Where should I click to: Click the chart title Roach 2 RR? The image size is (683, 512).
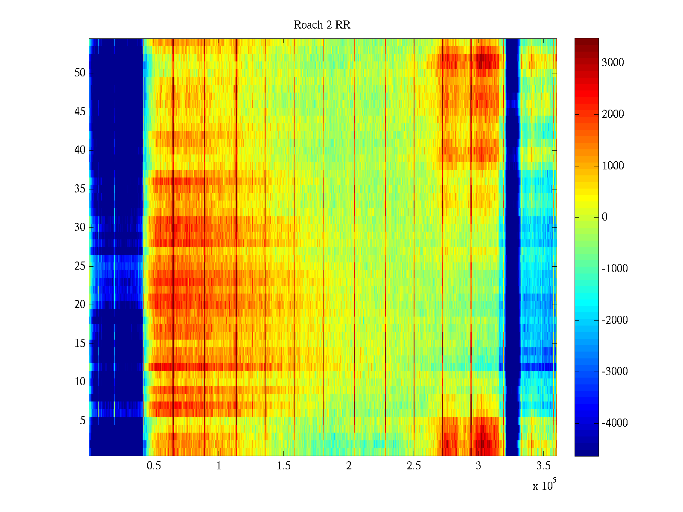pyautogui.click(x=322, y=25)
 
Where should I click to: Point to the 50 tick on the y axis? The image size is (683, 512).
pyautogui.click(x=80, y=73)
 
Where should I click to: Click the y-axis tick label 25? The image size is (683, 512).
pyautogui.click(x=80, y=266)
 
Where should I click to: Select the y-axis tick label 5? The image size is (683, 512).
pyautogui.click(x=82, y=421)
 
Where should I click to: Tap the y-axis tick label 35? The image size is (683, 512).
pyautogui.click(x=80, y=189)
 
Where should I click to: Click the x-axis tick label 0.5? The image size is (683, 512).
pyautogui.click(x=154, y=466)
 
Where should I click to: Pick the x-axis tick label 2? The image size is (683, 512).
pyautogui.click(x=349, y=466)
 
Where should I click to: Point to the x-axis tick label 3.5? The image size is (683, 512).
pyautogui.click(x=543, y=466)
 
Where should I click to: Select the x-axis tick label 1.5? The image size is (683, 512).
pyautogui.click(x=283, y=466)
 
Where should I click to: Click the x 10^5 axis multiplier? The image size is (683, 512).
pyautogui.click(x=544, y=486)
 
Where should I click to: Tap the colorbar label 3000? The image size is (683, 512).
pyautogui.click(x=613, y=63)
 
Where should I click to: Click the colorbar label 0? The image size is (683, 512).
pyautogui.click(x=604, y=217)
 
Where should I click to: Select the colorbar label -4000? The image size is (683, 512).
pyautogui.click(x=614, y=423)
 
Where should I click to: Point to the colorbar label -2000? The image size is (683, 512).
pyautogui.click(x=614, y=320)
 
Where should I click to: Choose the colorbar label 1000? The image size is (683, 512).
pyautogui.click(x=613, y=166)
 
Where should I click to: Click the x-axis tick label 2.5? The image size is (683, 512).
pyautogui.click(x=414, y=466)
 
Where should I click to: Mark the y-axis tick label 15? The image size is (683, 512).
pyautogui.click(x=80, y=343)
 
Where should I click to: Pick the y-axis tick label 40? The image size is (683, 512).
pyautogui.click(x=80, y=150)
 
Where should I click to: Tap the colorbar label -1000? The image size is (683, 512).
pyautogui.click(x=614, y=269)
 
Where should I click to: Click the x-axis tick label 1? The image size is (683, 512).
pyautogui.click(x=219, y=466)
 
